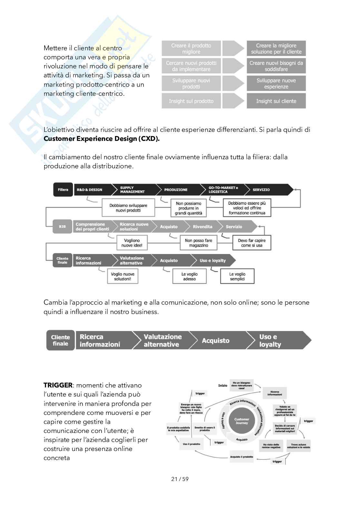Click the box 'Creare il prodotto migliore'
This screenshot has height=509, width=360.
click(191, 49)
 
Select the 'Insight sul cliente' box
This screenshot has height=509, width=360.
click(276, 101)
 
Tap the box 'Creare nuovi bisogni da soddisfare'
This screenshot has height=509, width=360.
click(276, 66)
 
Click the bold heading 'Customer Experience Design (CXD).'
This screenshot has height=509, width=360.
click(102, 139)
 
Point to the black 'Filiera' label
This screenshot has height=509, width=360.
click(63, 190)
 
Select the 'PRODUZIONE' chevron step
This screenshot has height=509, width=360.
click(176, 190)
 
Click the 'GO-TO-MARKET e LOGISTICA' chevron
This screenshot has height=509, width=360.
click(223, 190)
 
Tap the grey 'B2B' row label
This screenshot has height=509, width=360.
click(62, 227)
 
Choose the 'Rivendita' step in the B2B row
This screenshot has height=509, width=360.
click(203, 227)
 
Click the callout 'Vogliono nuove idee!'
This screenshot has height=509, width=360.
click(132, 243)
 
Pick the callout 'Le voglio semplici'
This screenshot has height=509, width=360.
click(237, 277)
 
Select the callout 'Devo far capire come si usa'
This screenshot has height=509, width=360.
click(252, 243)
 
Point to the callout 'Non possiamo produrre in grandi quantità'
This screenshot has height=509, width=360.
click(188, 208)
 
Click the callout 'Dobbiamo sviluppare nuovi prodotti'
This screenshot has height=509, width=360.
click(128, 208)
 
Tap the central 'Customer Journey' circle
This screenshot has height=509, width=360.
click(242, 421)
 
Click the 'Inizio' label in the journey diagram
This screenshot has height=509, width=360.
click(223, 386)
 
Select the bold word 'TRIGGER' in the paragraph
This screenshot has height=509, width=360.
click(58, 385)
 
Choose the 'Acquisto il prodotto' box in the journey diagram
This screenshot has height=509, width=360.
click(242, 457)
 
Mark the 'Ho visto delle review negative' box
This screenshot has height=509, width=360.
click(271, 446)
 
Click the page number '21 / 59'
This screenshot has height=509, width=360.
click(180, 479)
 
